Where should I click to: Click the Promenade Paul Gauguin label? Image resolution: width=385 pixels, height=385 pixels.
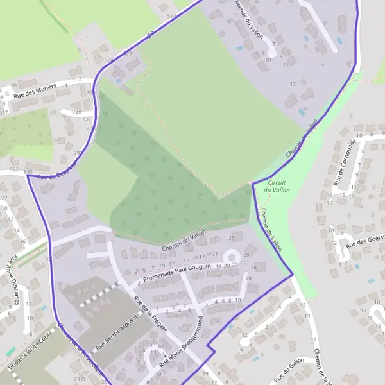178,273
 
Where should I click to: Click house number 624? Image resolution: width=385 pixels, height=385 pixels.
108,60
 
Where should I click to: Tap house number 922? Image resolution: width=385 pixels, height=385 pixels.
14,171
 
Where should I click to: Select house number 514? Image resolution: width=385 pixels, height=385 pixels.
171,15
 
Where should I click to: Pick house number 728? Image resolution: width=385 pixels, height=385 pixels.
76,112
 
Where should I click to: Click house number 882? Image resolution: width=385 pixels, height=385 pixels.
28,173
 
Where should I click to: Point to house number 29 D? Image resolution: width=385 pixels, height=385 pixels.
80,380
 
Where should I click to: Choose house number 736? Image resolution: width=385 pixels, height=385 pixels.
86,119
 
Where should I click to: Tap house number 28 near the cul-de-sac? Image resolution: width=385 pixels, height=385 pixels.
246,255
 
